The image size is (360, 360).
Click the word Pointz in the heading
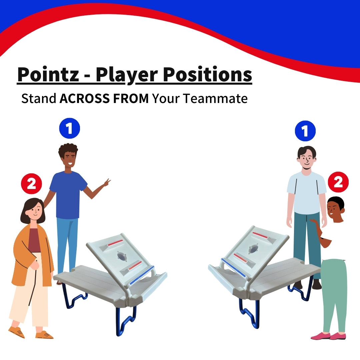48,75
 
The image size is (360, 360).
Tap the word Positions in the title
207,75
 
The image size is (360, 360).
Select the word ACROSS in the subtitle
84,98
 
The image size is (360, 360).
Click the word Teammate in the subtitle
216,98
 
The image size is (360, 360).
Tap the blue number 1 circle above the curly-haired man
70,128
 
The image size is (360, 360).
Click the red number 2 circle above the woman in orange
31,184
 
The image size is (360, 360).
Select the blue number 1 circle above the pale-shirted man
305,131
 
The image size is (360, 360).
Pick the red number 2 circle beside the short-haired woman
338,182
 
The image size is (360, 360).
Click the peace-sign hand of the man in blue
107,183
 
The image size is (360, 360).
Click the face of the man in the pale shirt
307,160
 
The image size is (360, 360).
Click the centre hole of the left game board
122,256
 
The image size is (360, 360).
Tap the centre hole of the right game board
253,249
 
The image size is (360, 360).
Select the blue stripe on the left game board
142,275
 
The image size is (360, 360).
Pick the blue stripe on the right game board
233,268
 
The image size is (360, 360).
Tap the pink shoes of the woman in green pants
328,336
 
